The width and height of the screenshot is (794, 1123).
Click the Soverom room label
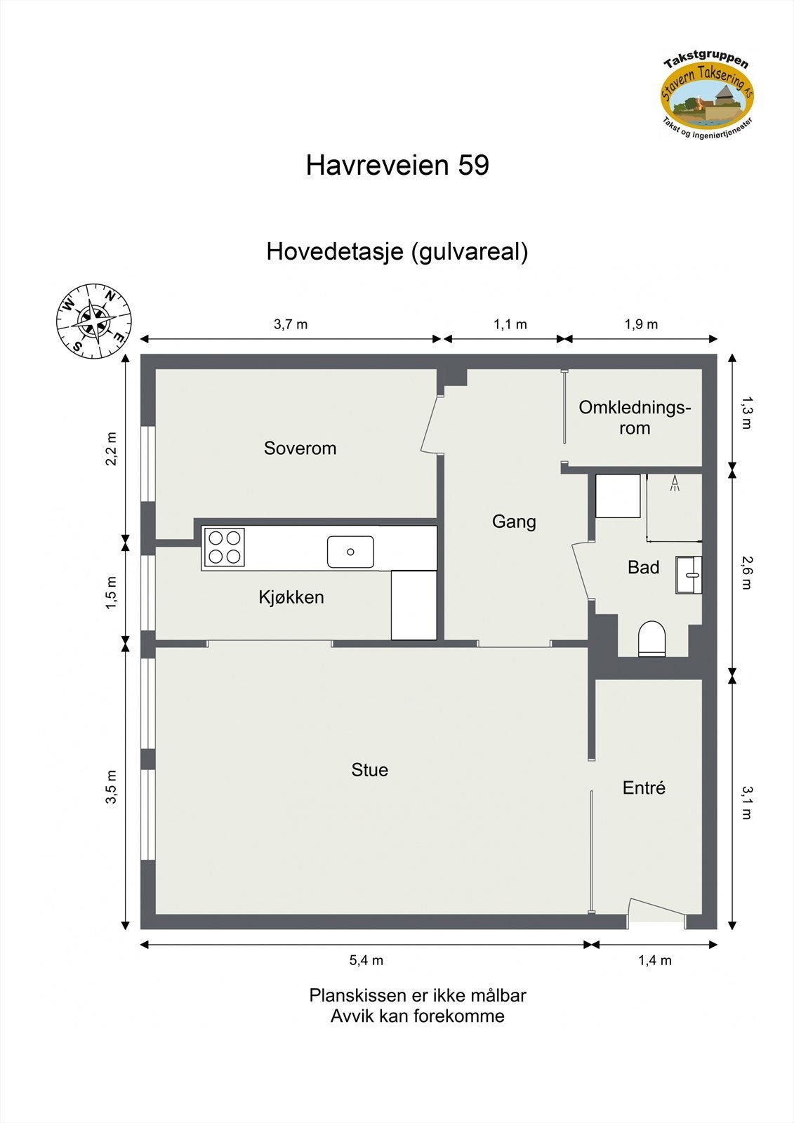(300, 448)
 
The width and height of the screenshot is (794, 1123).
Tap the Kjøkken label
(291, 597)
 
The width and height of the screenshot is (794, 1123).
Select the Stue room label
(369, 770)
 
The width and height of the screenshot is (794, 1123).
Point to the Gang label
(514, 521)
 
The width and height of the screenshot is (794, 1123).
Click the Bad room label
(643, 567)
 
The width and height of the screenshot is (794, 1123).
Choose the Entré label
(644, 788)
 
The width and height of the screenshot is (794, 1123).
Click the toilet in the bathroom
(651, 638)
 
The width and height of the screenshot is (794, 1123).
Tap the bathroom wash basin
(689, 575)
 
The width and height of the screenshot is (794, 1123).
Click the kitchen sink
(350, 552)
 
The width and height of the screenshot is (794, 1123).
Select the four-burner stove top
(225, 547)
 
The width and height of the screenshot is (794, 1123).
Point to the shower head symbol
(675, 483)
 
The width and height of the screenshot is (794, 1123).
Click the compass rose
(93, 321)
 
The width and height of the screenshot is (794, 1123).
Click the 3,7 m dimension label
(291, 324)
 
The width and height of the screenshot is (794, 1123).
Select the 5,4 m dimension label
(366, 960)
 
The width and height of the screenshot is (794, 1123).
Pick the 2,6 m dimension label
(746, 573)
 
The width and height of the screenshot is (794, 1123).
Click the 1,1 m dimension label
(510, 324)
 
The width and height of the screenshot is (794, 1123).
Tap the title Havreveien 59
(397, 166)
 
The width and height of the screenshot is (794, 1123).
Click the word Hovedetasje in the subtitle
(334, 251)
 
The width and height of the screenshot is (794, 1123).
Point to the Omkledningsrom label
(635, 418)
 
